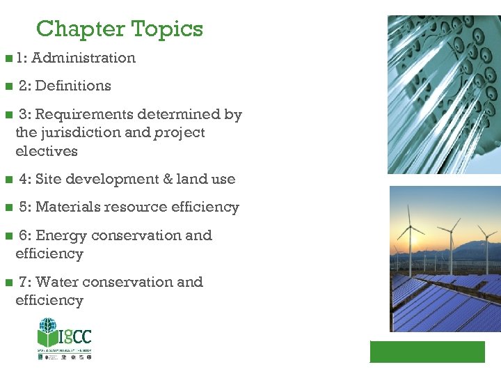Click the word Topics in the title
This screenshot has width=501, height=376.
[167, 29]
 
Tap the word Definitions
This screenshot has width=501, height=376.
[73, 86]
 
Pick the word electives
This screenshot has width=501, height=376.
[47, 151]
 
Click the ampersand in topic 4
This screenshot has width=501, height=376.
[168, 179]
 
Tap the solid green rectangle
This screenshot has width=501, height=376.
[427, 352]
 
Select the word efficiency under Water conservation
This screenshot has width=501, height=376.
[49, 301]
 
